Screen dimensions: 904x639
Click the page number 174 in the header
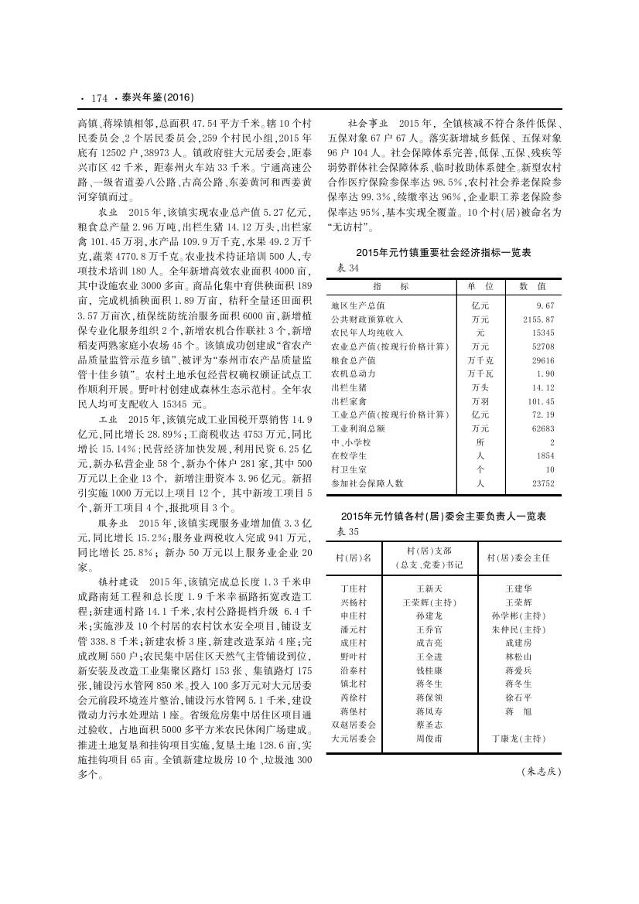pos(98,98)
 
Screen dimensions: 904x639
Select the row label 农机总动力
pos(353,374)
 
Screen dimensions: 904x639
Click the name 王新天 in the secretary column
pos(429,588)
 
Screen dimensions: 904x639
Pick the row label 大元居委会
pos(353,739)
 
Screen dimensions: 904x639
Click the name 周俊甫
pos(429,739)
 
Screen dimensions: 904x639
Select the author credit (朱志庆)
pos(541,771)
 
